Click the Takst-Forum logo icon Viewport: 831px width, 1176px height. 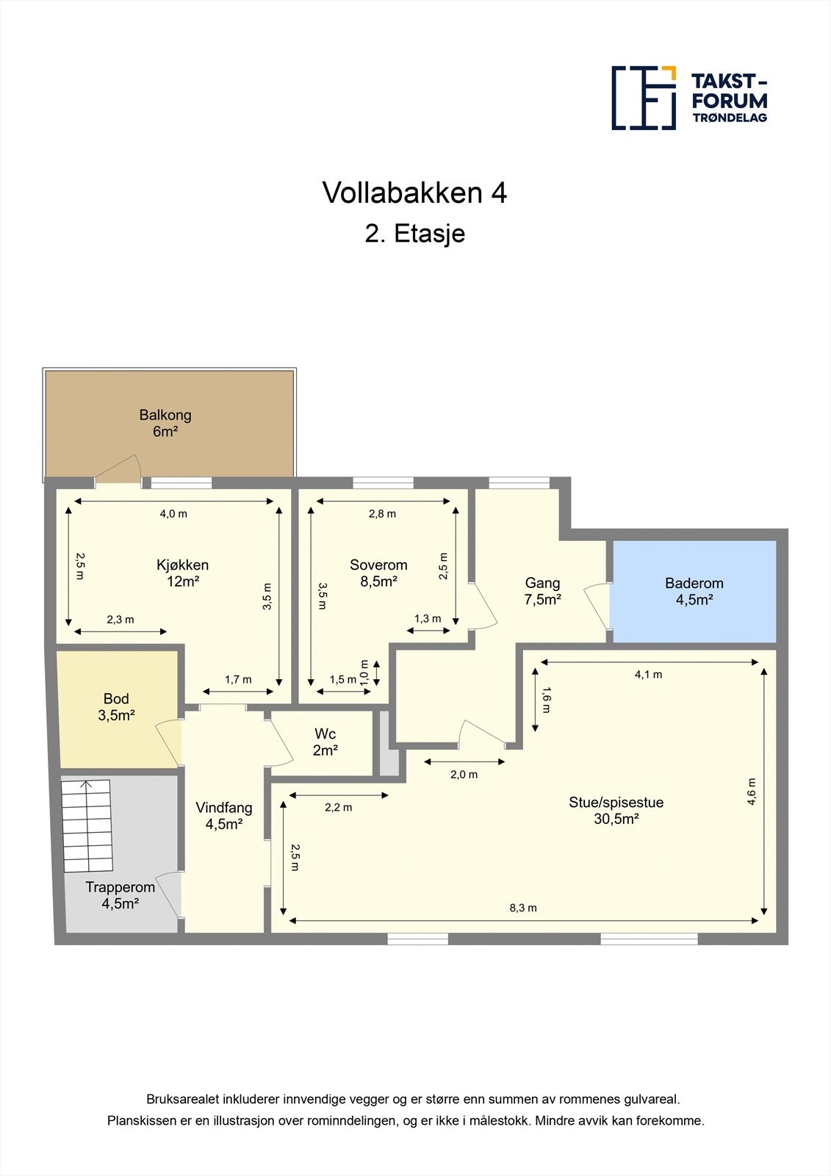pyautogui.click(x=644, y=98)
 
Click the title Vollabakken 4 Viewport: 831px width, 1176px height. pyautogui.click(x=414, y=193)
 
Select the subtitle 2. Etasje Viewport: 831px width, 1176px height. pyautogui.click(x=415, y=234)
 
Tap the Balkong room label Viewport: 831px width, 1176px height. pyautogui.click(x=165, y=423)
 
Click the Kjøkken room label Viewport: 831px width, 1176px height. pyautogui.click(x=182, y=573)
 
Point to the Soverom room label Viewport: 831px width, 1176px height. pyautogui.click(x=378, y=573)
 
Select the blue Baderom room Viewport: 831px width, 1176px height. pyautogui.click(x=694, y=591)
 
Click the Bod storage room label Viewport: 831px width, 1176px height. pyautogui.click(x=116, y=706)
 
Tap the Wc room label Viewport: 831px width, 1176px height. pyautogui.click(x=325, y=742)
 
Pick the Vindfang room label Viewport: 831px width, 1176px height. pyautogui.click(x=224, y=815)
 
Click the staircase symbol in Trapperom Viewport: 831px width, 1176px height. pyautogui.click(x=87, y=825)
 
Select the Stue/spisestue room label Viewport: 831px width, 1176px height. pyautogui.click(x=616, y=809)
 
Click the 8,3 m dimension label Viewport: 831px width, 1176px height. pyautogui.click(x=523, y=908)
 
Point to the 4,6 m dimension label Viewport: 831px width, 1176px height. pyautogui.click(x=752, y=792)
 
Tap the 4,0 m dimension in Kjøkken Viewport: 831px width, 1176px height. pyautogui.click(x=173, y=514)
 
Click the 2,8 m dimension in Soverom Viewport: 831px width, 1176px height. pyautogui.click(x=382, y=514)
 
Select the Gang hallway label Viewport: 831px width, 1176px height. pyautogui.click(x=542, y=590)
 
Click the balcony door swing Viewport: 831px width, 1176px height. pyautogui.click(x=120, y=470)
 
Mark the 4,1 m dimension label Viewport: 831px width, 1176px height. pyautogui.click(x=648, y=674)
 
